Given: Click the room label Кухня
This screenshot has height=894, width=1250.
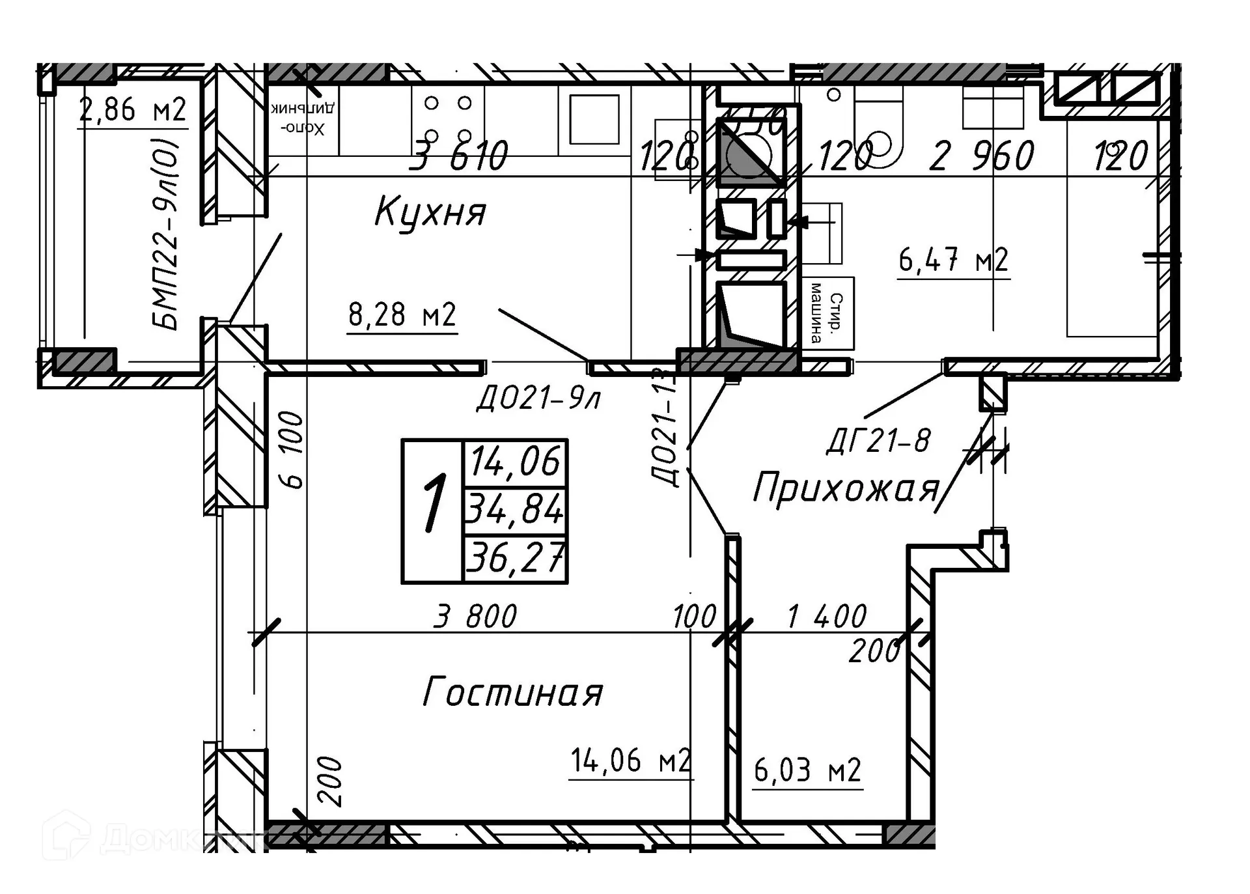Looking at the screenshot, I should [430, 212].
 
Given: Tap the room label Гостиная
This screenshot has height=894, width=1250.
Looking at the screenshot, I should [513, 692].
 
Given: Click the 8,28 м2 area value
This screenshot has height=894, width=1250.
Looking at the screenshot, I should [402, 315].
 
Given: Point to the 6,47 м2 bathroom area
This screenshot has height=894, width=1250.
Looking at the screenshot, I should [953, 260].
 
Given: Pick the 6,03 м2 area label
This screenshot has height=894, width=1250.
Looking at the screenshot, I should [807, 771].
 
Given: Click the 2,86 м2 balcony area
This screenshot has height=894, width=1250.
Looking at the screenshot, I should [132, 110].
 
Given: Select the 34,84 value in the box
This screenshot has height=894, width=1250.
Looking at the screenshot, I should [514, 509].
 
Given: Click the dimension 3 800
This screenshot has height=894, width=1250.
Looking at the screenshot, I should [476, 616].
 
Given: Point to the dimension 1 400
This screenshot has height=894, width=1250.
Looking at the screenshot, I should [827, 616].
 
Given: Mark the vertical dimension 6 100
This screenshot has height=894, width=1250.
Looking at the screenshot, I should [293, 449].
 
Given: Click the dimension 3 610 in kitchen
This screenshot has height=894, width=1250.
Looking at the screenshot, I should [459, 156].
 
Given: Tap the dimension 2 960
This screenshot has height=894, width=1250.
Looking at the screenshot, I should [982, 156].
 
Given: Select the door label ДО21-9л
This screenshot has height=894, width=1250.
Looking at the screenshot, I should [538, 398].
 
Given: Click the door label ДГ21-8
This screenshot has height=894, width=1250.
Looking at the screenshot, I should [879, 441].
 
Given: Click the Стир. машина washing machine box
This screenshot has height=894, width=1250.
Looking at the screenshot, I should [827, 313].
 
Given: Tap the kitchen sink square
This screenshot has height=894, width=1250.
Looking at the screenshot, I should [594, 119].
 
